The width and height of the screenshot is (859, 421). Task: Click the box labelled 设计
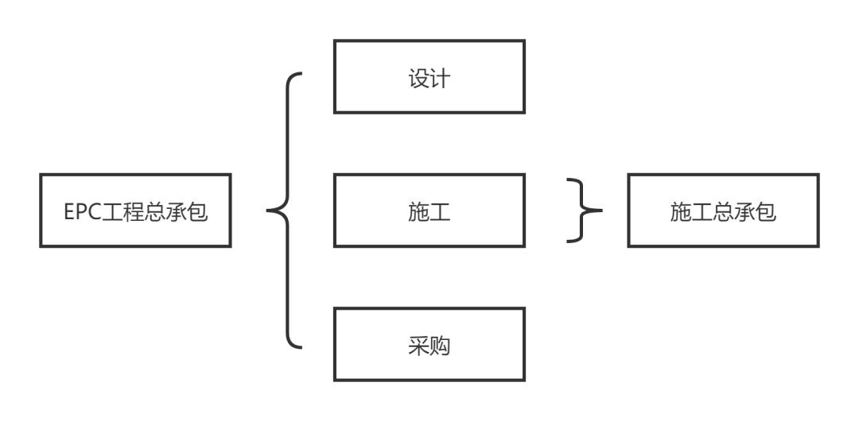(x=429, y=76)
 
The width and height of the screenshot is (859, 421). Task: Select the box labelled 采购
(x=429, y=345)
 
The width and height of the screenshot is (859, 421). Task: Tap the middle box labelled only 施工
(x=429, y=210)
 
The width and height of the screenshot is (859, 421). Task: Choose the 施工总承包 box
(x=723, y=210)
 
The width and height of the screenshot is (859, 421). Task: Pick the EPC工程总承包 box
(x=135, y=210)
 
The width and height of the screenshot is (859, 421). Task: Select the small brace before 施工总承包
(x=584, y=210)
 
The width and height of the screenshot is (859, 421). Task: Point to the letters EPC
(x=80, y=211)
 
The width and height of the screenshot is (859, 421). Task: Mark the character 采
(x=418, y=346)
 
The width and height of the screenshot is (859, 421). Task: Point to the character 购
(x=440, y=346)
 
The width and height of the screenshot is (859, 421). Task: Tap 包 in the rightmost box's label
(x=766, y=211)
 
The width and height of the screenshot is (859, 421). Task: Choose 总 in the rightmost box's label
(x=723, y=211)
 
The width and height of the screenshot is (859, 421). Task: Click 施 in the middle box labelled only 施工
(x=418, y=212)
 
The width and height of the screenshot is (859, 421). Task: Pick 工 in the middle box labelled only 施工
(x=440, y=212)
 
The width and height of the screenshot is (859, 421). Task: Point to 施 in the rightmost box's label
(x=680, y=211)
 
